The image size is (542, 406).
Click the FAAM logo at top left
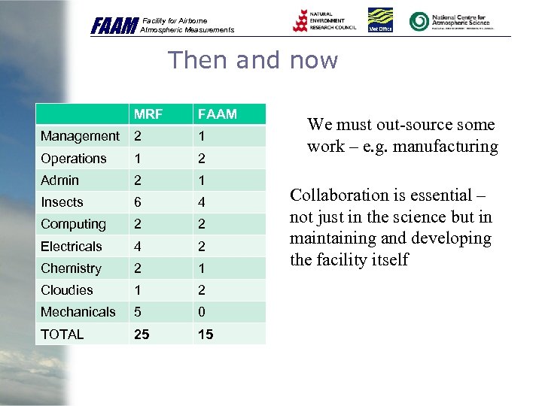pos(114,26)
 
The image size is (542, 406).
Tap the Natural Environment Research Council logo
pos(324,20)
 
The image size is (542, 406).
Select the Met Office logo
pos(380,20)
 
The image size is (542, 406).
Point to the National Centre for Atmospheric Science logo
pos(449,20)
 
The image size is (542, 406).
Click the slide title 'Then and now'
pos(253,59)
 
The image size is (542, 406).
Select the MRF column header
pos(148,114)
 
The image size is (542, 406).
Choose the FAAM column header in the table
pos(217,114)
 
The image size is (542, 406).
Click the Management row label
pos(80,136)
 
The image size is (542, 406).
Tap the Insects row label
pos(62,202)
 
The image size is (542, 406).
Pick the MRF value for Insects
pos(138,202)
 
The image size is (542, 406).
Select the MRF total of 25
pos(142,334)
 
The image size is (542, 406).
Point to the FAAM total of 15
pos(206,334)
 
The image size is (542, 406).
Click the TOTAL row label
pos(62,334)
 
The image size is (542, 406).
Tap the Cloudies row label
pos(67,290)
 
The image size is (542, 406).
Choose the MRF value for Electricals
pos(138,246)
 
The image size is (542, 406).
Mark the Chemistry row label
pos(71,268)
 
